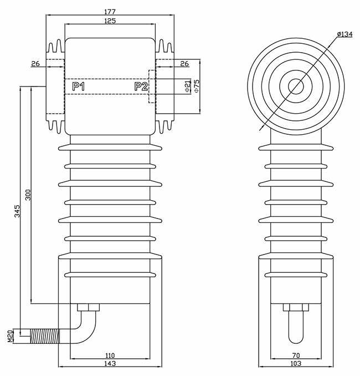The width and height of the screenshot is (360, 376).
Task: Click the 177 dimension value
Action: pos(110,12)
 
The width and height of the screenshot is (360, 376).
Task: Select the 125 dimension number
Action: pos(110,21)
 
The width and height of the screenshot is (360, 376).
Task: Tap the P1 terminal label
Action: pos(79,87)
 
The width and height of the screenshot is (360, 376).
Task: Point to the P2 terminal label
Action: pos(141,87)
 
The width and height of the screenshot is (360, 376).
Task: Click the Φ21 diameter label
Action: pos(188,87)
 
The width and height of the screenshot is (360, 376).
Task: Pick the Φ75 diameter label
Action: pos(197,86)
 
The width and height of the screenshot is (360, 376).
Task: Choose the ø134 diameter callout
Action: pos(344,34)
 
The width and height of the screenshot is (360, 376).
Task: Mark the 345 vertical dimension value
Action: pos(18,211)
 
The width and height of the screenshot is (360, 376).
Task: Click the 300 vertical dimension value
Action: pos(28,195)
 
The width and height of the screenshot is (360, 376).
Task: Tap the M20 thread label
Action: pos(11,336)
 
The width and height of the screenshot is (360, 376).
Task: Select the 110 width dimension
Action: pos(110,355)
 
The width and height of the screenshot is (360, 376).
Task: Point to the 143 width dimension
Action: pos(110,364)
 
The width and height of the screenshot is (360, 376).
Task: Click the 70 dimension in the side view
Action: pos(296,355)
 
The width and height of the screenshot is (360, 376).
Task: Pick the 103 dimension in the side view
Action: pos(296,364)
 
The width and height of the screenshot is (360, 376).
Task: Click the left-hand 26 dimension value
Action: pos(35,64)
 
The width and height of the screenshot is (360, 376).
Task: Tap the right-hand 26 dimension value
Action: pos(184,64)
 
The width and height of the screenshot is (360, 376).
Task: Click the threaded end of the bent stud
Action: pos(44,336)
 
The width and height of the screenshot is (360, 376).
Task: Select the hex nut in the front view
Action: pos(89,307)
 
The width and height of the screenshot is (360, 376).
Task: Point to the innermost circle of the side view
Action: pos(296,87)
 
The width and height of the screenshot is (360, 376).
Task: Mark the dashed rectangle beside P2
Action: pos(152,87)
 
